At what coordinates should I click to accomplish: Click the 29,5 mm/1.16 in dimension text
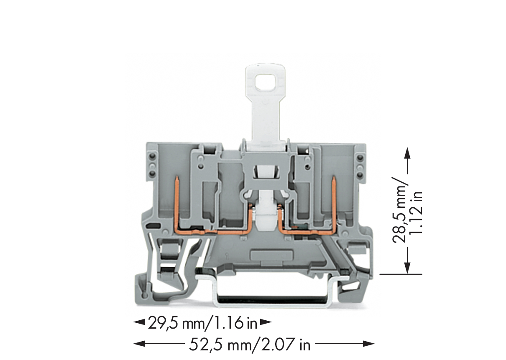(203, 324)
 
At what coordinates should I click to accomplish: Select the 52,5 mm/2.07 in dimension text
(250, 345)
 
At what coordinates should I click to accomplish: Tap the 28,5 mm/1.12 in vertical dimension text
(407, 210)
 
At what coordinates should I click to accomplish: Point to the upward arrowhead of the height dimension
(407, 153)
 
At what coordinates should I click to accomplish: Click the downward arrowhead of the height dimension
(407, 268)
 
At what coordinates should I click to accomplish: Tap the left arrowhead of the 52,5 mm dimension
(139, 344)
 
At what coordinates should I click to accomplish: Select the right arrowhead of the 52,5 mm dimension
(369, 344)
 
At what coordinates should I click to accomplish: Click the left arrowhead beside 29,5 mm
(139, 322)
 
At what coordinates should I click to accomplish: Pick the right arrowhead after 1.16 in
(266, 322)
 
